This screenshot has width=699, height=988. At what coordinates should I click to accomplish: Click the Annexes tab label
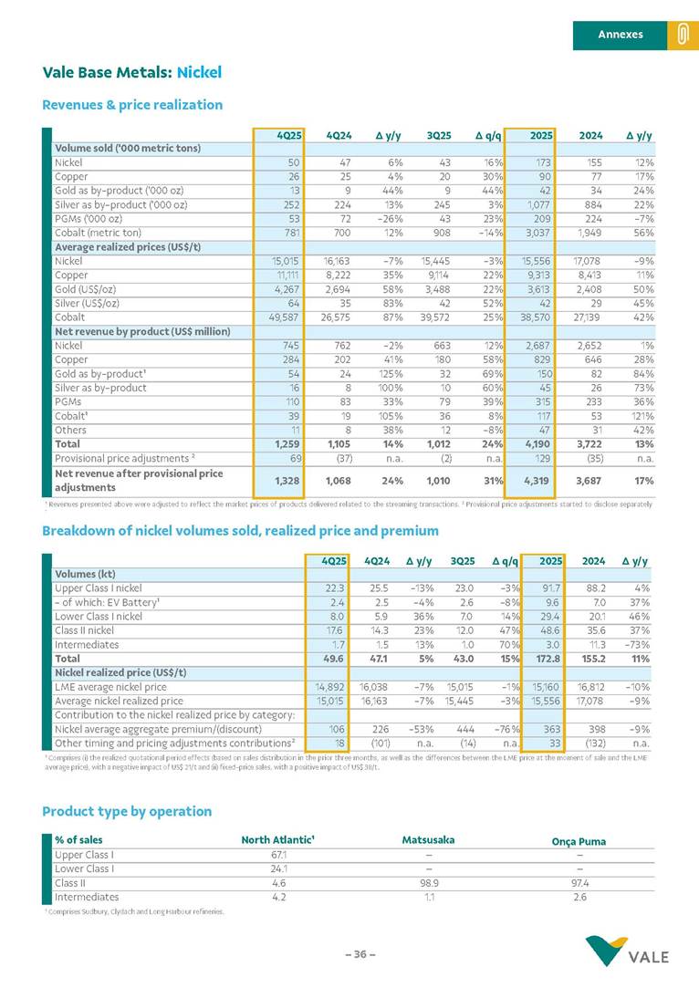621,35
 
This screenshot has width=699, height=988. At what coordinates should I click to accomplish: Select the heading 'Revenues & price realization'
132,104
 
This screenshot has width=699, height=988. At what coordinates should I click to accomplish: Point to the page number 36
360,954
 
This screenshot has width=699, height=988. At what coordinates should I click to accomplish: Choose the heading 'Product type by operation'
127,811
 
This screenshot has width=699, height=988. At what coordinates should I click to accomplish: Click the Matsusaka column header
428,839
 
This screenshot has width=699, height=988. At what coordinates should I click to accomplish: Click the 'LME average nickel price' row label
110,687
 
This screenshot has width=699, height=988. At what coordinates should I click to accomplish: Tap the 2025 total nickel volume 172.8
544,658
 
